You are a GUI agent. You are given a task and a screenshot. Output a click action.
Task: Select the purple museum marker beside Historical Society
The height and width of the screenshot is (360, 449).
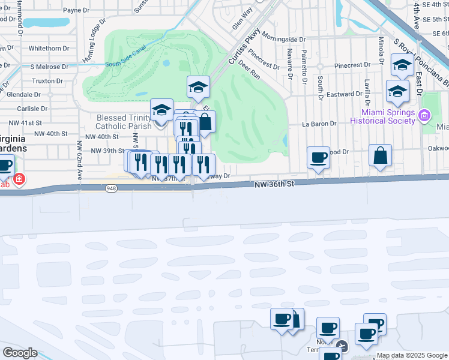[424, 115]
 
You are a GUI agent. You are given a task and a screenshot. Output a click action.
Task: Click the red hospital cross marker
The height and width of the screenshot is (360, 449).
[19, 179]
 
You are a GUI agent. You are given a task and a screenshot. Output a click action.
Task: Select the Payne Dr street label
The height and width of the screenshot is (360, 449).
[76, 10]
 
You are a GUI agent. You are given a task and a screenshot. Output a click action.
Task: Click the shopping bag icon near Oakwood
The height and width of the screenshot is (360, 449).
[380, 156]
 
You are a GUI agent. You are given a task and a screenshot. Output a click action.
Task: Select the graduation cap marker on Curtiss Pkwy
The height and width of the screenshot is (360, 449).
[197, 88]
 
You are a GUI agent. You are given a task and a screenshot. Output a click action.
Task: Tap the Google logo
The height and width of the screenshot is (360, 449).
[20, 353]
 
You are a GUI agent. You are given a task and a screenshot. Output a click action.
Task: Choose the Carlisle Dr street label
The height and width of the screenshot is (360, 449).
[28, 109]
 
